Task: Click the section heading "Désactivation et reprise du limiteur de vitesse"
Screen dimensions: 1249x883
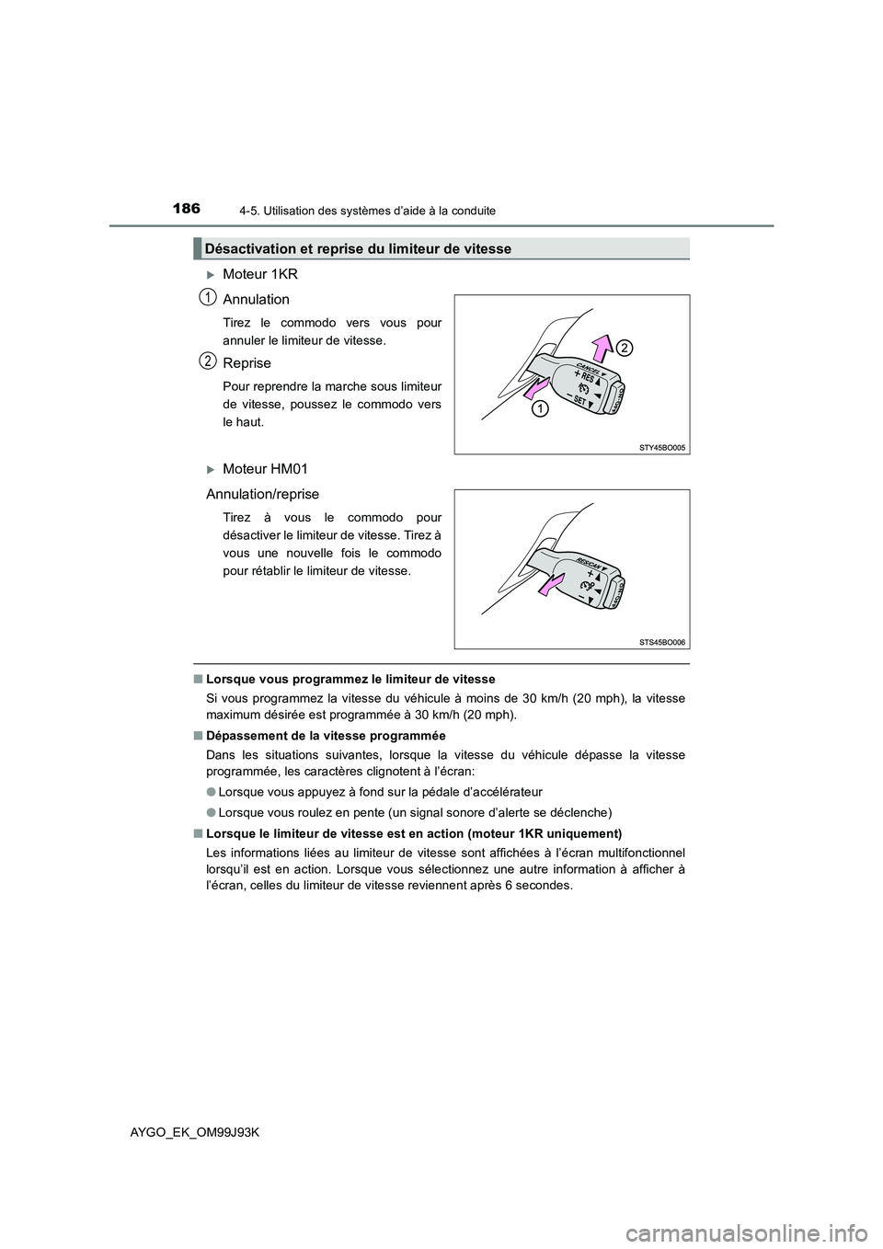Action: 358,248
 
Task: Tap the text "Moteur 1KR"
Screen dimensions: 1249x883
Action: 259,274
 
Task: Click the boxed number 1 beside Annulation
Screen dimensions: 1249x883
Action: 209,296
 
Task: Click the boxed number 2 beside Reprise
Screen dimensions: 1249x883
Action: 209,360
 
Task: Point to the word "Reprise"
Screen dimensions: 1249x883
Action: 247,363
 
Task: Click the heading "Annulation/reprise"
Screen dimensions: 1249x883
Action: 262,494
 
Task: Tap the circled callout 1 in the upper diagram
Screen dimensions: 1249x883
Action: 538,409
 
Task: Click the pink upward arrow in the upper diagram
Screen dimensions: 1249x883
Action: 602,350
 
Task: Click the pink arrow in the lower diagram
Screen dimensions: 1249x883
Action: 556,585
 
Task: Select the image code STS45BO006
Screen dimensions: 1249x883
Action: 662,642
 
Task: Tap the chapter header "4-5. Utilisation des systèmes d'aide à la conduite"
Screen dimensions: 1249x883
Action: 361,211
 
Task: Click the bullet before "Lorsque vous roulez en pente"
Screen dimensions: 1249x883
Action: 211,812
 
